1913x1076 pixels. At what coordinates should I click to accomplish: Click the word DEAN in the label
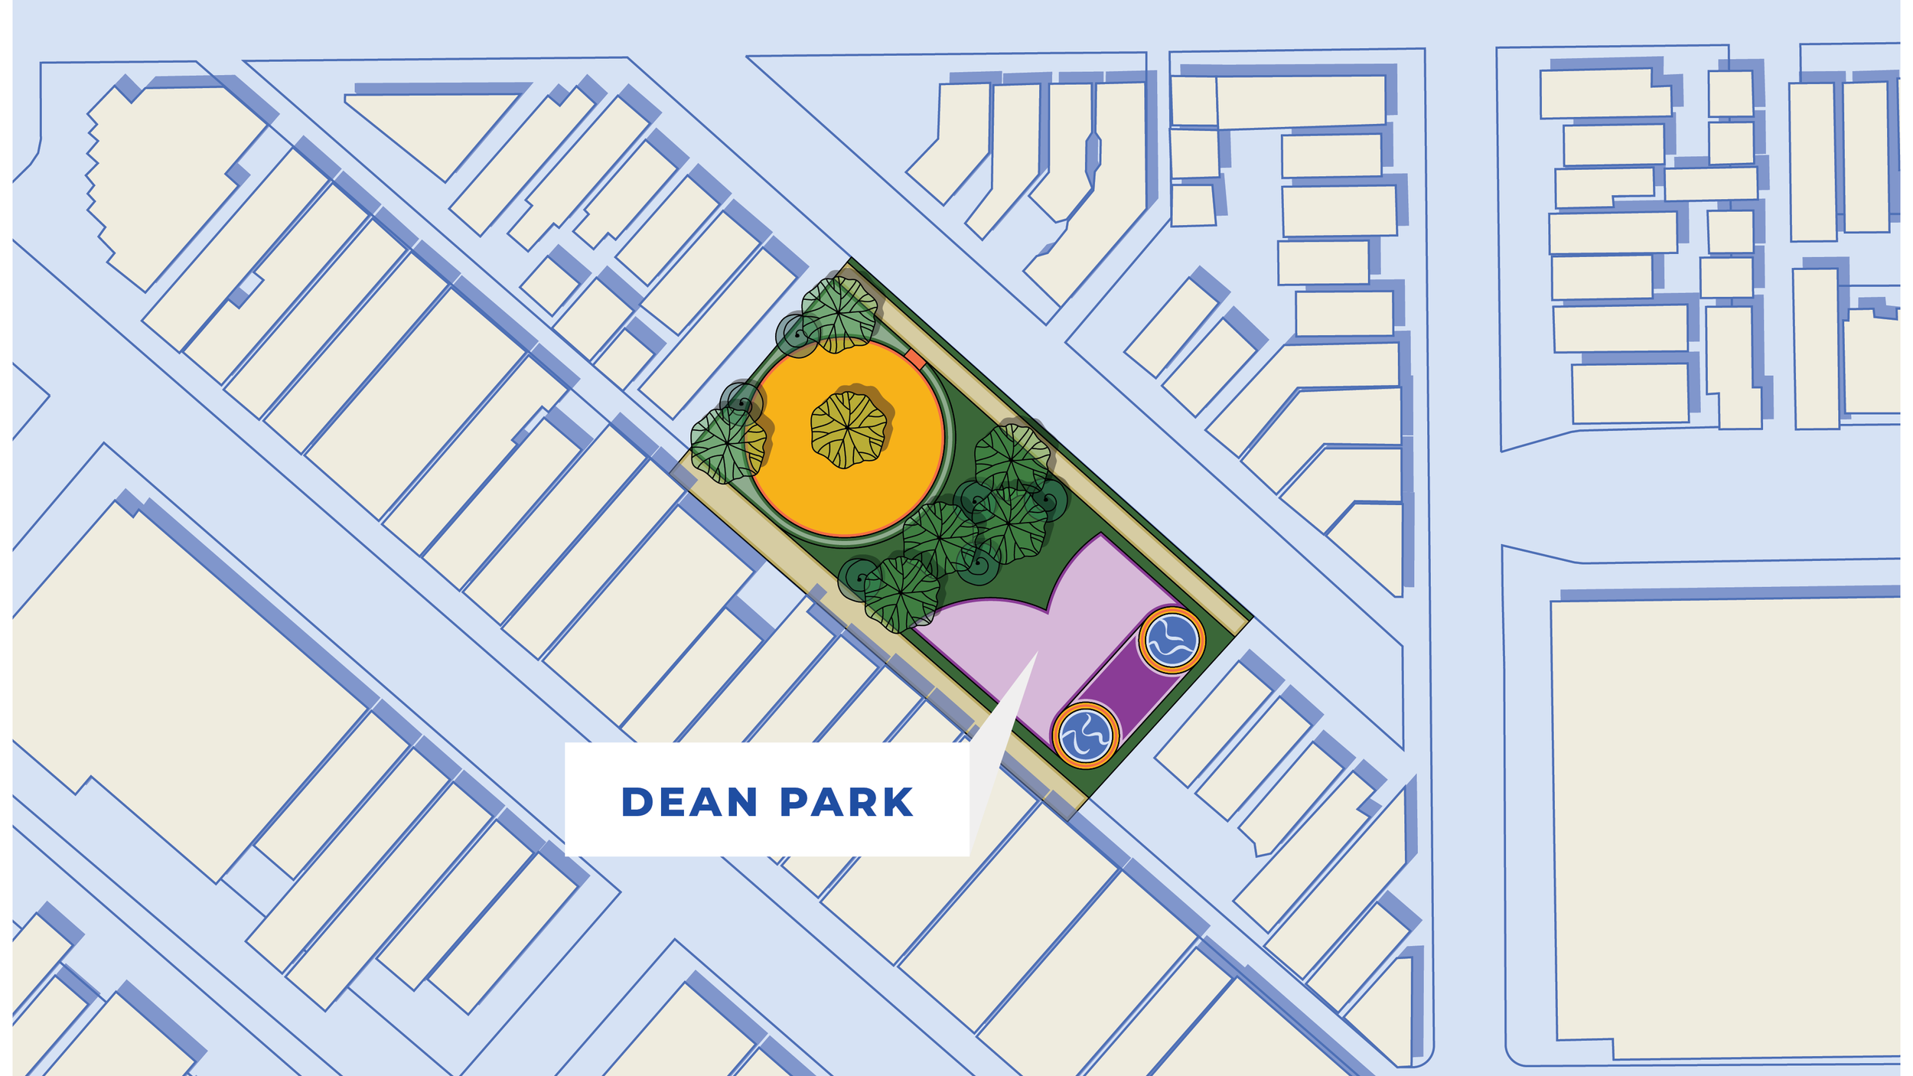point(689,802)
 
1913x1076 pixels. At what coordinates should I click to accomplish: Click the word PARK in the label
point(846,802)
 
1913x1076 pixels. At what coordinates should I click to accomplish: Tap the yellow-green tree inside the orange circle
point(849,429)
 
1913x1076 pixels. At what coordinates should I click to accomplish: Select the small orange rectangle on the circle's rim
point(915,358)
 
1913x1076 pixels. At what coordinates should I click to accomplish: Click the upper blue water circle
point(1171,640)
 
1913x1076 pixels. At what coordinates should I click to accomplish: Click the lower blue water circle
point(1085,735)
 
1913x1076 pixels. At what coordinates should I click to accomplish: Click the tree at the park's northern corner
point(840,314)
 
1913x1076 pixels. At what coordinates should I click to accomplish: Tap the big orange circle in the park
point(849,490)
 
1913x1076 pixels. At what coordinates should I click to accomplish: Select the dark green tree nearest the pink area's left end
point(901,593)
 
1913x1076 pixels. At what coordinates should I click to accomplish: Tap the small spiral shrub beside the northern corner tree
point(798,335)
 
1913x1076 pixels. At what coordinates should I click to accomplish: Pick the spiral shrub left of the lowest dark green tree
point(859,578)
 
